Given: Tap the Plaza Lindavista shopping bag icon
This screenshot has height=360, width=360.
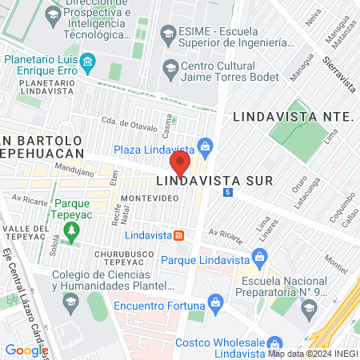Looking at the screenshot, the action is pos(206,146).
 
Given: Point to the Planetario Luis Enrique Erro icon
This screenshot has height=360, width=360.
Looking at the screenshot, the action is pos(88,61).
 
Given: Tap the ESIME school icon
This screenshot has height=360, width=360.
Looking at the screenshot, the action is pos(168,33).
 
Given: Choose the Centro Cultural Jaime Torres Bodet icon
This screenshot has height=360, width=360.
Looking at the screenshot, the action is pos(170,67).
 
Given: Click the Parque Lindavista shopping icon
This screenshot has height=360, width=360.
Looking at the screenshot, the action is pos(258,257).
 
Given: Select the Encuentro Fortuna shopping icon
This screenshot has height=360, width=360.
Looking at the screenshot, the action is pos(214,302).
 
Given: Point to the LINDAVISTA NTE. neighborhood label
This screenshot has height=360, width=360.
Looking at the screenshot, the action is pos(293,117).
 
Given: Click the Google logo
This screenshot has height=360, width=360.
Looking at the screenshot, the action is pos(26,350).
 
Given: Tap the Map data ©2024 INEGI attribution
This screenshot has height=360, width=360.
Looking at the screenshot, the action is pos(312,354).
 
